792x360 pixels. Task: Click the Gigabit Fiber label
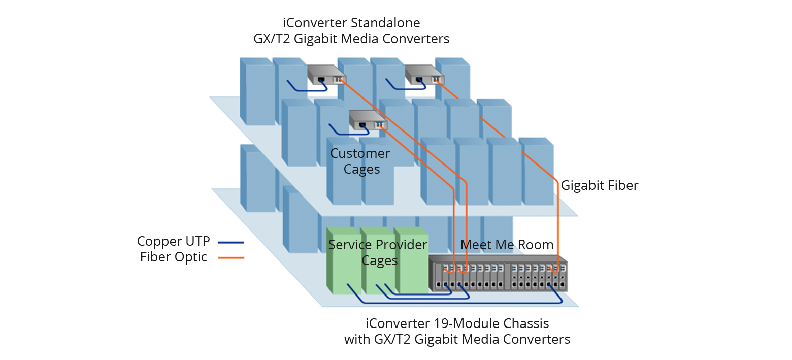pyautogui.click(x=599, y=186)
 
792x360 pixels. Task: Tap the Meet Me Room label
pyautogui.click(x=507, y=245)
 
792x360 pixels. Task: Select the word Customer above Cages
pyautogui.click(x=360, y=153)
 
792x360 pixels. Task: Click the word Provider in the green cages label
pyautogui.click(x=401, y=245)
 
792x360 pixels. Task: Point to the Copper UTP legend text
pyautogui.click(x=173, y=241)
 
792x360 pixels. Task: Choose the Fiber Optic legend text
pyautogui.click(x=174, y=257)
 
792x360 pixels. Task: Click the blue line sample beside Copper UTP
pyautogui.click(x=231, y=242)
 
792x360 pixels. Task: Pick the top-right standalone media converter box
pyautogui.click(x=424, y=75)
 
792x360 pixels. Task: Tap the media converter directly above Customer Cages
pyautogui.click(x=368, y=120)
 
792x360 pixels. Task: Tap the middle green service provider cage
pyautogui.click(x=377, y=274)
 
